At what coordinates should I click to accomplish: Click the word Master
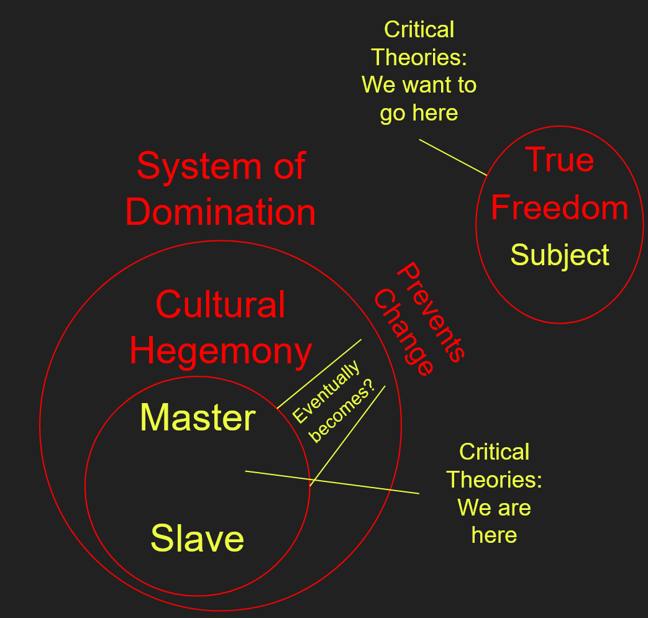click(198, 417)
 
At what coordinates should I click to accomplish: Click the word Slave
click(197, 538)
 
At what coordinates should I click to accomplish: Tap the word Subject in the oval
click(560, 255)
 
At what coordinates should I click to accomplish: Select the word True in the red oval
click(560, 160)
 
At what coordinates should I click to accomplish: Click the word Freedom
click(559, 207)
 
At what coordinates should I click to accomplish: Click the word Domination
click(221, 212)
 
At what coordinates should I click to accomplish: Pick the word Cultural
click(220, 304)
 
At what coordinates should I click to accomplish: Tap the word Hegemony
click(221, 351)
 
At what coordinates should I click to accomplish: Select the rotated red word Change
click(403, 332)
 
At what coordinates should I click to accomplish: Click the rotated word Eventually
click(327, 393)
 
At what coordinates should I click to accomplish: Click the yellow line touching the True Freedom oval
click(453, 157)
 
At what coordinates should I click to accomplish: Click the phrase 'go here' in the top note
click(419, 113)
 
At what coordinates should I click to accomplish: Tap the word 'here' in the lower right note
click(494, 535)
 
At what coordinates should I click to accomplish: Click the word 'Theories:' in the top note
click(419, 57)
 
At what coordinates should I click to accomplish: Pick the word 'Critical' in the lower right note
click(494, 452)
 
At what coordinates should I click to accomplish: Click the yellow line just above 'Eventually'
click(319, 373)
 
